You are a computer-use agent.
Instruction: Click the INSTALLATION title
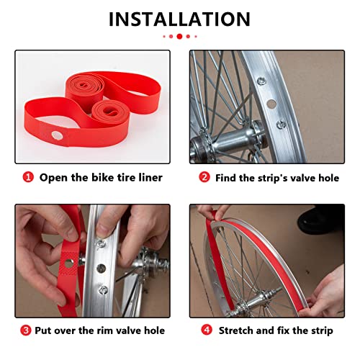pyautogui.click(x=179, y=19)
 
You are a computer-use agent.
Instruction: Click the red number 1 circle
pyautogui.click(x=27, y=177)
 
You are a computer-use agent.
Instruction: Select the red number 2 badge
pyautogui.click(x=204, y=177)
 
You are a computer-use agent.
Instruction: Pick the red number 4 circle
pyautogui.click(x=205, y=330)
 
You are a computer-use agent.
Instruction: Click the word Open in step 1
pyautogui.click(x=53, y=177)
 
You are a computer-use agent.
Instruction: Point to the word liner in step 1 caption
pyautogui.click(x=148, y=177)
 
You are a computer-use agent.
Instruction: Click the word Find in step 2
pyautogui.click(x=228, y=177)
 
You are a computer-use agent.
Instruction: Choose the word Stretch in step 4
pyautogui.click(x=238, y=330)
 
